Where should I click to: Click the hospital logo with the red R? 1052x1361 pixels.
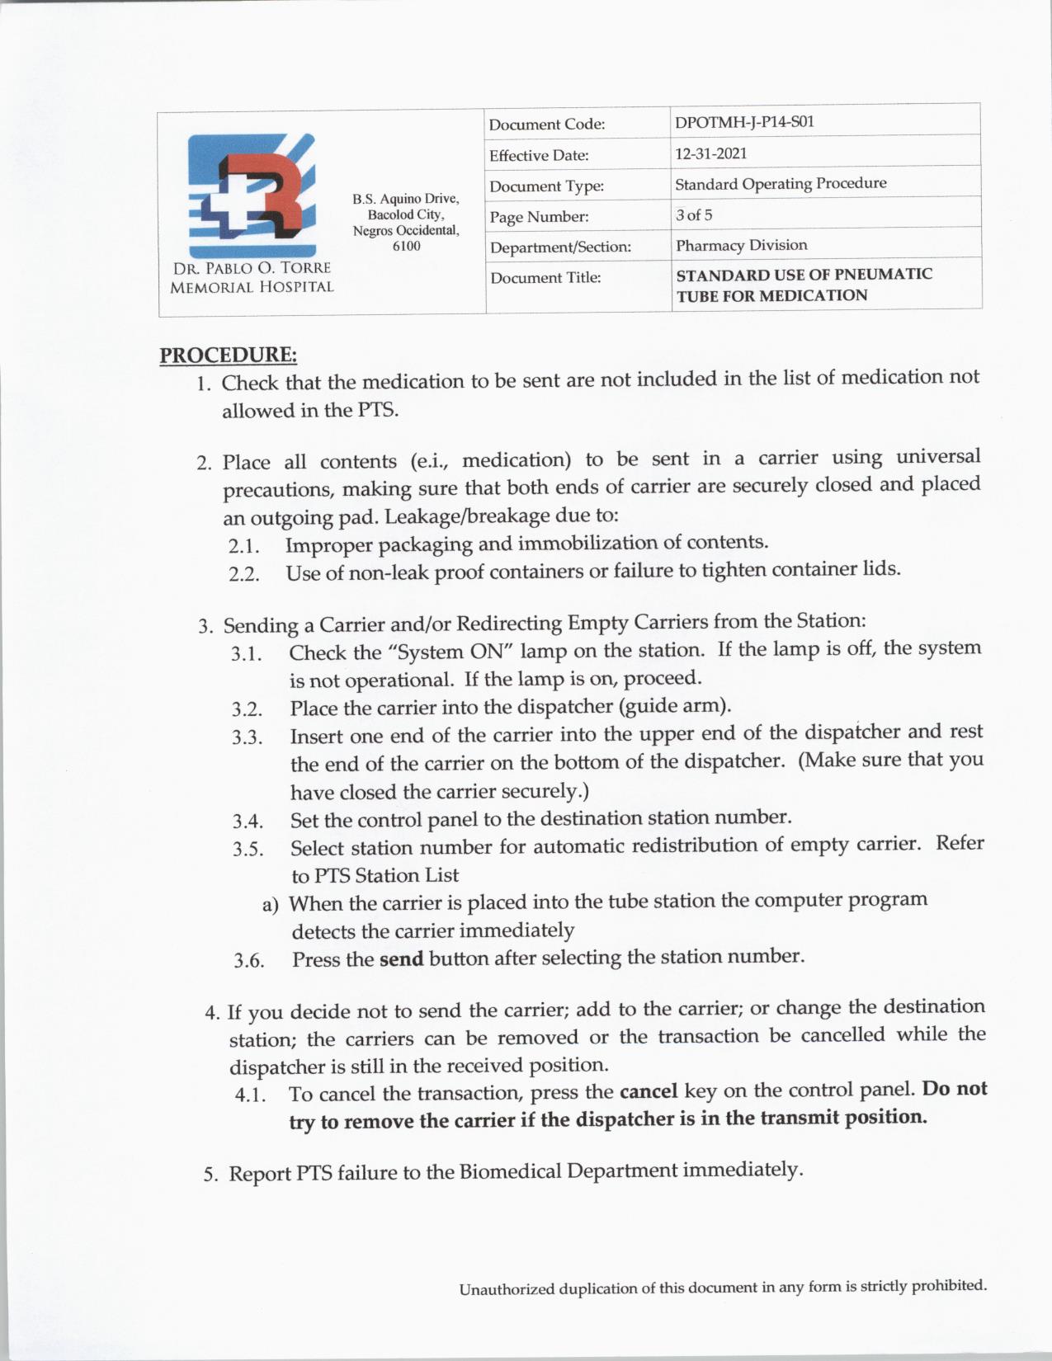click(252, 195)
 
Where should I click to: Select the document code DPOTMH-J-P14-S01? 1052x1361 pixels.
click(744, 122)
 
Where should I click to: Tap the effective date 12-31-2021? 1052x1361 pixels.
click(711, 153)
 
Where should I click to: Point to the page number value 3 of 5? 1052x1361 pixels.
click(694, 215)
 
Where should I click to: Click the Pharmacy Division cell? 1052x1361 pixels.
click(741, 245)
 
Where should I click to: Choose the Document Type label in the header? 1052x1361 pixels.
click(546, 186)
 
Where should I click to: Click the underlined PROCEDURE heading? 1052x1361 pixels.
click(228, 356)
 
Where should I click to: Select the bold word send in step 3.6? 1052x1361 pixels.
click(401, 958)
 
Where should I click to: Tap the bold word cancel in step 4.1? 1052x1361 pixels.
click(649, 1091)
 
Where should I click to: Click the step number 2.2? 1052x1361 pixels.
click(244, 574)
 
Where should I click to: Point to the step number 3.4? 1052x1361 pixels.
click(248, 822)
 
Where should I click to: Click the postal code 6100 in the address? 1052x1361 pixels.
click(406, 246)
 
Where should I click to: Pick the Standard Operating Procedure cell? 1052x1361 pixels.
click(781, 184)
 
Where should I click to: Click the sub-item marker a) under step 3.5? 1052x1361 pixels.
click(271, 905)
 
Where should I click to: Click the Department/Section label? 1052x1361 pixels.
click(560, 247)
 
